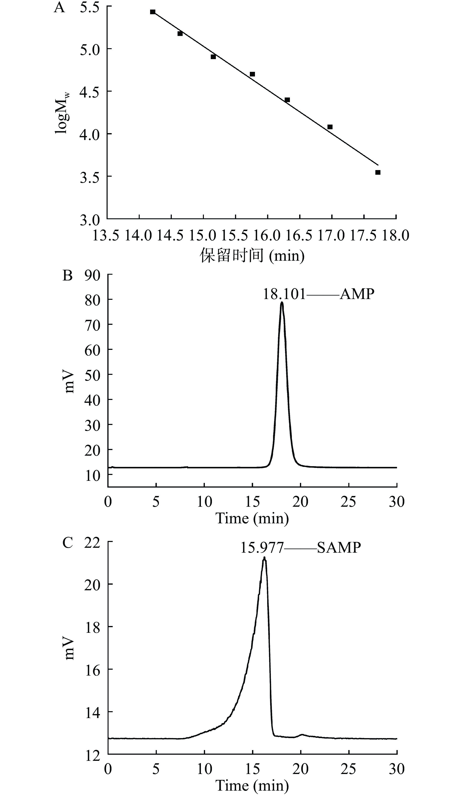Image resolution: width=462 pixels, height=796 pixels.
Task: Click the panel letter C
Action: (68, 543)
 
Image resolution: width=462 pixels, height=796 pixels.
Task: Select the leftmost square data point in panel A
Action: (153, 12)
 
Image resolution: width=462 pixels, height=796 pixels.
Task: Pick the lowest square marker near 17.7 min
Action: (378, 172)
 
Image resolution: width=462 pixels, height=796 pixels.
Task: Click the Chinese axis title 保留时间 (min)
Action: (252, 255)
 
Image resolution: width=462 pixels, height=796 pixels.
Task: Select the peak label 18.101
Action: (284, 294)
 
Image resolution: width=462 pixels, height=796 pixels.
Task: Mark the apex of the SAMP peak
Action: (264, 558)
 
